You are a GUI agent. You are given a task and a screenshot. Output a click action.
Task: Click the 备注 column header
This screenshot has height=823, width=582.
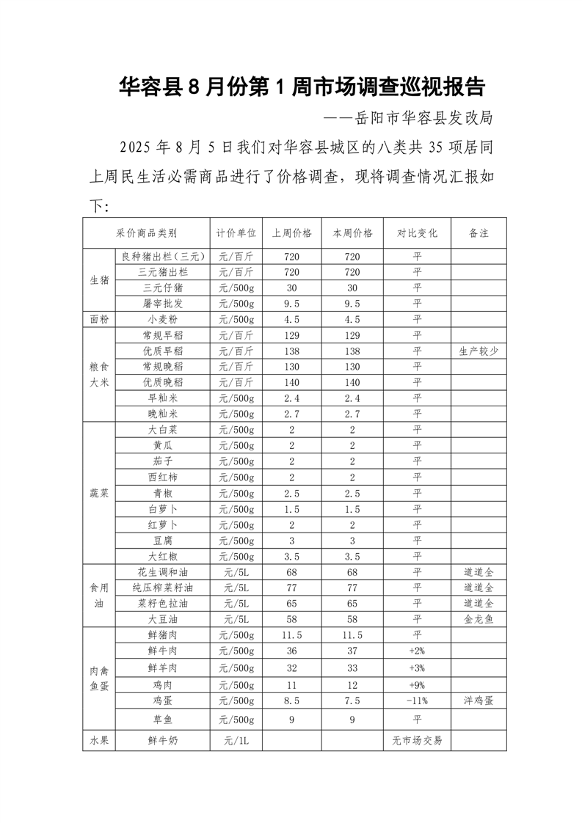pos(478,233)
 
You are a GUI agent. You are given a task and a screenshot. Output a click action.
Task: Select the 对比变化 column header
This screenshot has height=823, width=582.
pos(417,233)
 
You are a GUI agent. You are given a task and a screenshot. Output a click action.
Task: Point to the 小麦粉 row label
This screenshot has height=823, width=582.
pos(162,319)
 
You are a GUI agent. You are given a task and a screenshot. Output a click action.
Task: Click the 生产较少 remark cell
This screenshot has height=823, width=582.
pos(478,351)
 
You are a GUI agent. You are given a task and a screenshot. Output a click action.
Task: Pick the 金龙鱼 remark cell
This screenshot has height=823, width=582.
pos(478,619)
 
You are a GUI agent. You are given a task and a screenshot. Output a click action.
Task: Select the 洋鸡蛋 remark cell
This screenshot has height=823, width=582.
pos(478,700)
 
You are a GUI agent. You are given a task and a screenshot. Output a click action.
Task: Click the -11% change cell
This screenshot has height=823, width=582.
pos(417,700)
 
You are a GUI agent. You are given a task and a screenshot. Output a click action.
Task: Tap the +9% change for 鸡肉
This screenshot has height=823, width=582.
pos(417,684)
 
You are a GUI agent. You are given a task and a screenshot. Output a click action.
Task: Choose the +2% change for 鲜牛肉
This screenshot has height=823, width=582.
pos(417,651)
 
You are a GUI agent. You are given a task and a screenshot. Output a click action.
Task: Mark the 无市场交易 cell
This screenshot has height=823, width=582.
pos(417,741)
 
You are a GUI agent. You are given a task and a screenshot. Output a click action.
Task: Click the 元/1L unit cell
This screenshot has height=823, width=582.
pos(236,741)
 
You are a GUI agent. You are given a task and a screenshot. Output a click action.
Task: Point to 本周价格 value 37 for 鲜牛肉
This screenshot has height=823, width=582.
pos(352,651)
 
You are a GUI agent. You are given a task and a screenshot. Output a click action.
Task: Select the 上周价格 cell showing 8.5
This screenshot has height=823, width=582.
pos(291,700)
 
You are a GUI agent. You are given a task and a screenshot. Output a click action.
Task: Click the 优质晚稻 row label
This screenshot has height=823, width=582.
pos(162,382)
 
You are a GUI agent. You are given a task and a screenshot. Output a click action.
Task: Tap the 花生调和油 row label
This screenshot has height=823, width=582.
pos(162,571)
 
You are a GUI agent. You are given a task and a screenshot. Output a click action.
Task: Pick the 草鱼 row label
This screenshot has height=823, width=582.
pos(162,720)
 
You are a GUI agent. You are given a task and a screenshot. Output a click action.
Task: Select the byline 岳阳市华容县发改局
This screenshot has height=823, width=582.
pos(412,117)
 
